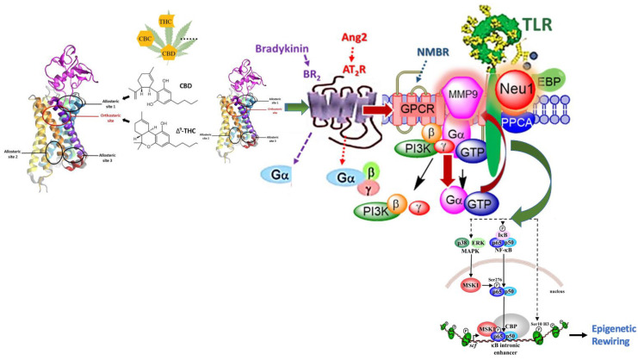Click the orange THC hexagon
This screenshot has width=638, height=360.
[160, 16]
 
